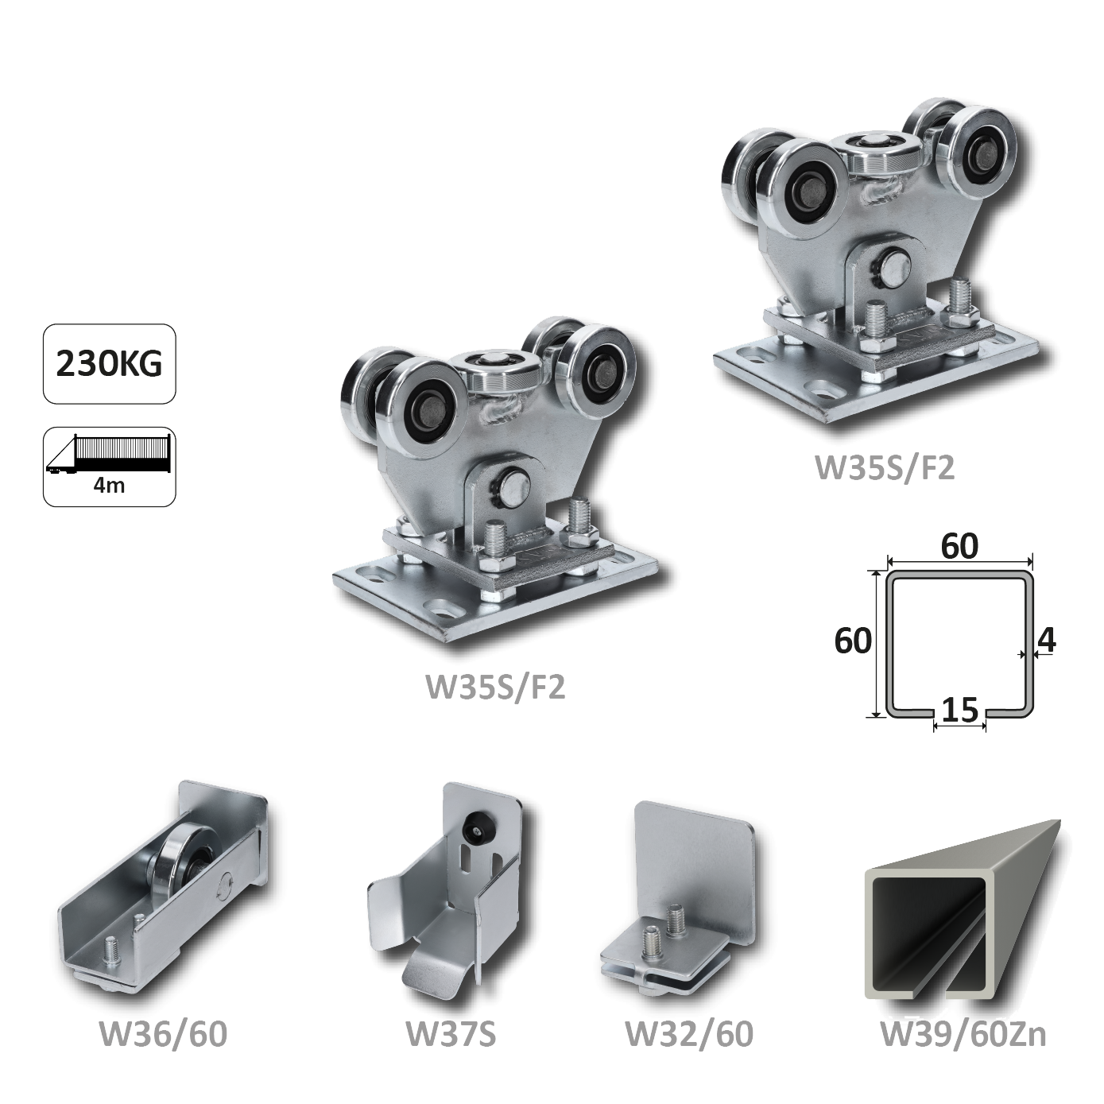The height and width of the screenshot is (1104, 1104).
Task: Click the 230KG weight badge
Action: coord(110,364)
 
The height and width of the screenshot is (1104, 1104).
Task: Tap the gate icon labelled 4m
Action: coord(110,467)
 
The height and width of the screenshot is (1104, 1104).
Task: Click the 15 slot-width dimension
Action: coord(960,711)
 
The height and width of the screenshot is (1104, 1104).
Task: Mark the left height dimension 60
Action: coord(853,641)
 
